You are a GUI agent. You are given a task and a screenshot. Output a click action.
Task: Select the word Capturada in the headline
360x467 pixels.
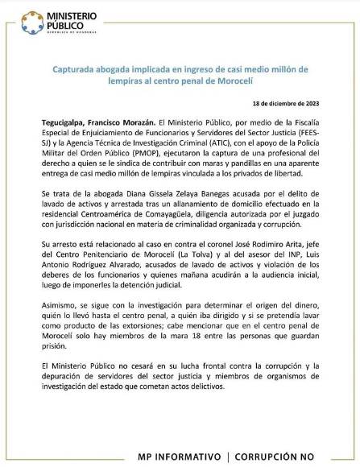click(83, 70)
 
